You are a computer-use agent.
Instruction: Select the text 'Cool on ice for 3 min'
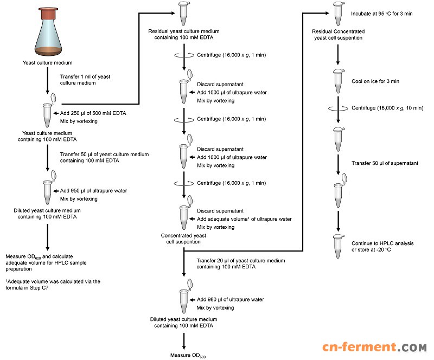click(x=366, y=81)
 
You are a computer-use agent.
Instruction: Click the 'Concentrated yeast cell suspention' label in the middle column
click(x=184, y=239)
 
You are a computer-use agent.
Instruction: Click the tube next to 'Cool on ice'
click(x=338, y=82)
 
